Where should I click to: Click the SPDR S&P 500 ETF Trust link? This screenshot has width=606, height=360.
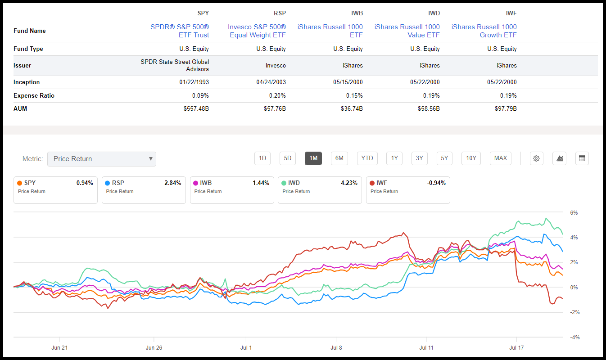click(179, 31)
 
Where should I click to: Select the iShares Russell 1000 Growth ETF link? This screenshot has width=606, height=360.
click(484, 31)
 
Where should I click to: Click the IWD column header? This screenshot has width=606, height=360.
click(433, 13)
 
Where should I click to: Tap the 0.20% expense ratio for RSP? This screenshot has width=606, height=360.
click(277, 95)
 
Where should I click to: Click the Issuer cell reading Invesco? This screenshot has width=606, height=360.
click(276, 65)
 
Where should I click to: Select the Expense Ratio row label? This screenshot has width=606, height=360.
click(34, 95)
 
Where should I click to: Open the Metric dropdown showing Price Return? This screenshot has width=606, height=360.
click(102, 159)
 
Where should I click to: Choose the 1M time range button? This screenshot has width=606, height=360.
click(313, 158)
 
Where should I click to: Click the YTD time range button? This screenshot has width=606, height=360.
click(367, 158)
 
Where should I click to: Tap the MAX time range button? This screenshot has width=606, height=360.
click(500, 158)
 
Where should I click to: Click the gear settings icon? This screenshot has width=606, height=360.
click(536, 158)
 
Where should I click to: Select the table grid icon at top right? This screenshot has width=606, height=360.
click(582, 158)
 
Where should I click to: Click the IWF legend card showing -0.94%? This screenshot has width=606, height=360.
click(408, 189)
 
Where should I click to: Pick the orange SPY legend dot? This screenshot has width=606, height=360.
click(19, 183)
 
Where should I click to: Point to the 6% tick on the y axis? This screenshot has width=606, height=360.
click(574, 212)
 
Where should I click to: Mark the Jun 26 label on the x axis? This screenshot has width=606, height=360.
click(154, 347)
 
